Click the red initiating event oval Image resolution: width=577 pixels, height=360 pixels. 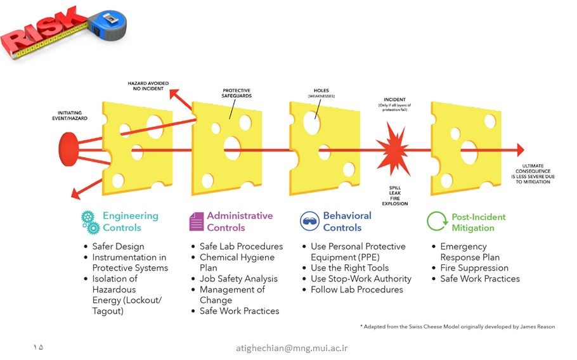(x=68, y=150)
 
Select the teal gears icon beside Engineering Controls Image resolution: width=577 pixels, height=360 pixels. (x=90, y=222)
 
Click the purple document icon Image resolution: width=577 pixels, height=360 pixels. (x=197, y=221)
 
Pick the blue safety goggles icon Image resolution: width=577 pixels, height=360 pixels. (x=309, y=221)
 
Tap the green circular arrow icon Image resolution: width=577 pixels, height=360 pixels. (x=437, y=221)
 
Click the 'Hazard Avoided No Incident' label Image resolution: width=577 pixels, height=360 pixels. (x=148, y=86)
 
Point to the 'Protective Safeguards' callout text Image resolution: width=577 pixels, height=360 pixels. (x=237, y=93)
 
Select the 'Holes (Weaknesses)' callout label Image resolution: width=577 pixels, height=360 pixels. (x=321, y=93)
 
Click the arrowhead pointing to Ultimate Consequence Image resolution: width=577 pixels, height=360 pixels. (x=521, y=150)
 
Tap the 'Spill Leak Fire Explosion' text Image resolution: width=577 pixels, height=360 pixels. (x=395, y=196)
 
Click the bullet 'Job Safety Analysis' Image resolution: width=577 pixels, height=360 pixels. (x=238, y=279)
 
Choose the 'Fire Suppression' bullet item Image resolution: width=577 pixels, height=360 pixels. (x=474, y=267)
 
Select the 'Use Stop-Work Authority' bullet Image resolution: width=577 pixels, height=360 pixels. (x=361, y=279)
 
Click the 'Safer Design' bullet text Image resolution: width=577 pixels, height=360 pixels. (x=118, y=247)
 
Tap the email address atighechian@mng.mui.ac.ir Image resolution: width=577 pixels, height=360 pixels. (x=292, y=348)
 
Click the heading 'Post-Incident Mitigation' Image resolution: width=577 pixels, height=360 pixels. (x=478, y=222)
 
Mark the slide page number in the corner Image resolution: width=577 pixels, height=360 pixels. (x=38, y=347)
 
